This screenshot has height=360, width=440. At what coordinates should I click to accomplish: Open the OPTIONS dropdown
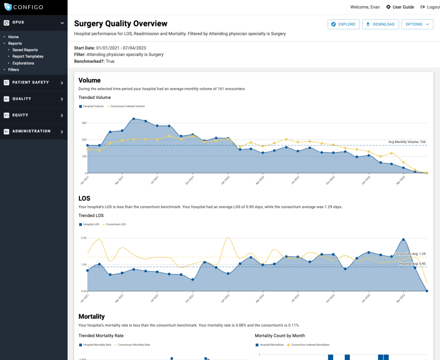coord(417,24)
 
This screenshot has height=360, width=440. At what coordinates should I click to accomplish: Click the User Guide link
coord(400,7)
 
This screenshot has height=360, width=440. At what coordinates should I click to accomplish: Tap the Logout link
coord(431,7)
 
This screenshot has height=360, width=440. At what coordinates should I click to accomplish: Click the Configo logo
coord(24,7)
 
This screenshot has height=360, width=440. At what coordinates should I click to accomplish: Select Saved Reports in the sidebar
coord(25,50)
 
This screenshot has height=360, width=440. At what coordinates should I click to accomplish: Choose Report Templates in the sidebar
coord(28,56)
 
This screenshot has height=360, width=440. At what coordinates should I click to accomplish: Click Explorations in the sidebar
coord(23,63)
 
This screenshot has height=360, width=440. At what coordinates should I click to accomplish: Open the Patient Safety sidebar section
coord(34,82)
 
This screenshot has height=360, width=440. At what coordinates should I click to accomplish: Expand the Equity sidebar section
coord(34,115)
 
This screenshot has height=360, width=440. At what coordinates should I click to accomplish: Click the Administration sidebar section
coord(34,131)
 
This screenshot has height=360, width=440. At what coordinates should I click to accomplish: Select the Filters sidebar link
coord(14,70)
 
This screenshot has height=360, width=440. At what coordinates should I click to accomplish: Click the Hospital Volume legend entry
coord(92,106)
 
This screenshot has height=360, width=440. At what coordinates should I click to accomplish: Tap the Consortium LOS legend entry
coord(114,224)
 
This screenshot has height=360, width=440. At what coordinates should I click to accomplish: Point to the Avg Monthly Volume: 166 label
coord(407,142)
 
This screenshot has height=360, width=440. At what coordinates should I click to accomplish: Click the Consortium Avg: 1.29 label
coord(410,254)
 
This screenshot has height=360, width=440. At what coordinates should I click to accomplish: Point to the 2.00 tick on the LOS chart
coord(83,238)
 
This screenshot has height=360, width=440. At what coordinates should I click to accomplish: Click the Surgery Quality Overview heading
coord(121,24)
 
